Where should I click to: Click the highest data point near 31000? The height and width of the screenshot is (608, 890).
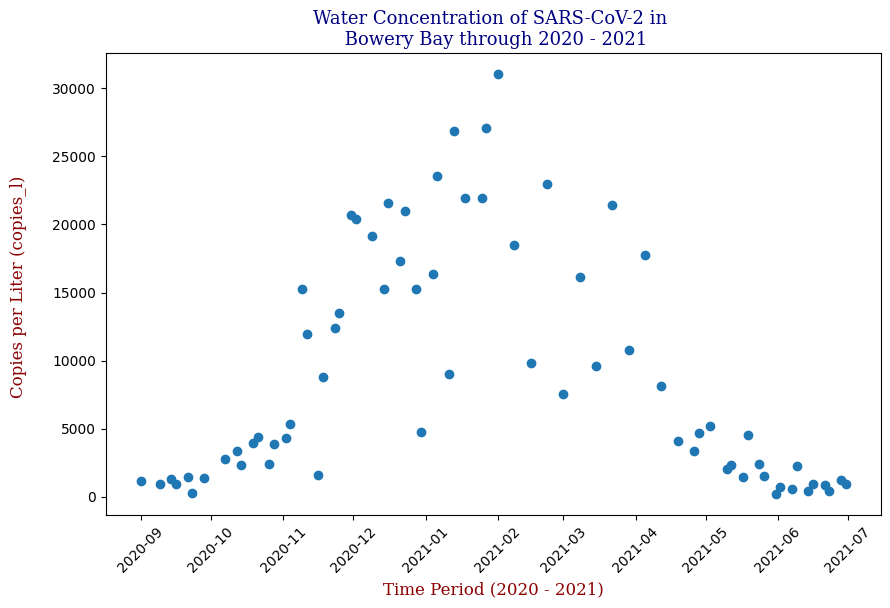point(498,74)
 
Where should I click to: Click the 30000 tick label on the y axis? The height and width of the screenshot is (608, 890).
point(74,89)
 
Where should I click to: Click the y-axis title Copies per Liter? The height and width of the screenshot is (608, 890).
point(18,286)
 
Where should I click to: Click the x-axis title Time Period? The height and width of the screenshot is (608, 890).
point(493,590)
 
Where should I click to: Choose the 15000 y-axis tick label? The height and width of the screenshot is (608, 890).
point(74,293)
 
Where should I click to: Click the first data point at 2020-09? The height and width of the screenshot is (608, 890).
point(141,481)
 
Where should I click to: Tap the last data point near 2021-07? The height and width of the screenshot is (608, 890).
point(846,484)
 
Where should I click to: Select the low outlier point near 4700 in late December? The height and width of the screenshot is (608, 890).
point(421,432)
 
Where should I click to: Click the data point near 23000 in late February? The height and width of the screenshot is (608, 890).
point(547,184)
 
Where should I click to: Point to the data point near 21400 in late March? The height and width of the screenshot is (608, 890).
point(612,205)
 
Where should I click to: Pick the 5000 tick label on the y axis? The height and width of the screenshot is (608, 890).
point(78,429)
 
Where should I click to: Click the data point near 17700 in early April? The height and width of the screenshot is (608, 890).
point(645,255)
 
